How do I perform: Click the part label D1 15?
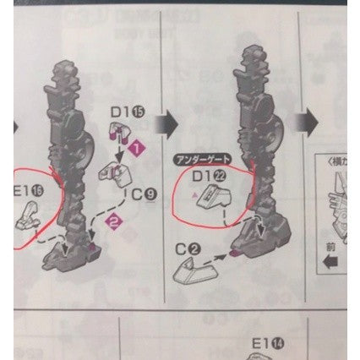[x=124, y=109]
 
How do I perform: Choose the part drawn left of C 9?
[x=112, y=174]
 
